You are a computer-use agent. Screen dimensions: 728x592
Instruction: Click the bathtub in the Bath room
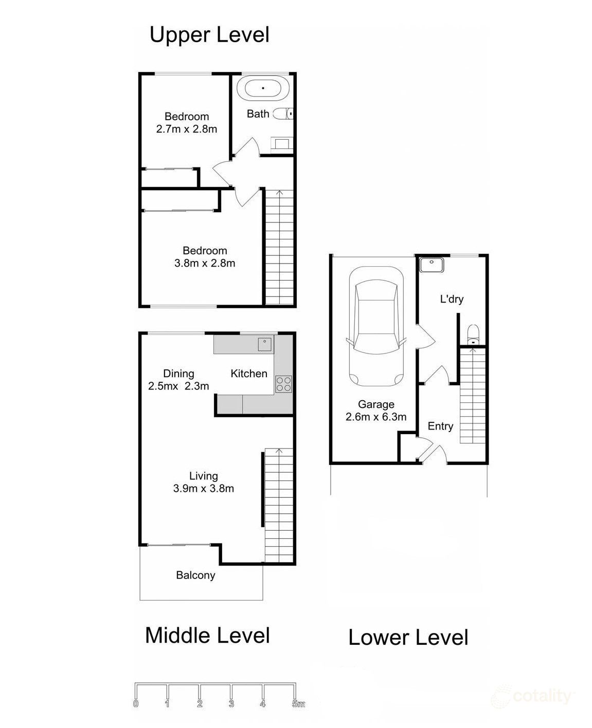click(263, 88)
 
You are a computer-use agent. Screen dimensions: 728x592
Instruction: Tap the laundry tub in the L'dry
click(432, 265)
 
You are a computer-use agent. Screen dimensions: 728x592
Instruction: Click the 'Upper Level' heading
click(209, 35)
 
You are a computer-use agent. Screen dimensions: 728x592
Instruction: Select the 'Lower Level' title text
click(408, 638)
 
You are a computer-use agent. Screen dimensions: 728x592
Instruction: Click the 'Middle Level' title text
click(207, 636)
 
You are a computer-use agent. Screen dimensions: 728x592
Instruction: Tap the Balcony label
click(195, 575)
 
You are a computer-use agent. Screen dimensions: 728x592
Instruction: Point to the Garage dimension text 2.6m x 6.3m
click(376, 417)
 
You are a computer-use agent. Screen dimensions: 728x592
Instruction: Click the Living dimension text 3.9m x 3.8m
click(204, 489)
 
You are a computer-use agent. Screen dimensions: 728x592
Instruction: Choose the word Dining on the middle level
click(178, 374)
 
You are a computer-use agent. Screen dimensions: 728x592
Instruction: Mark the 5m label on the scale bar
click(298, 704)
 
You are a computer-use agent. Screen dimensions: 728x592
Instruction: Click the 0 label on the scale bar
click(136, 704)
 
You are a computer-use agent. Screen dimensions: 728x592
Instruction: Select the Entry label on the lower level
click(440, 426)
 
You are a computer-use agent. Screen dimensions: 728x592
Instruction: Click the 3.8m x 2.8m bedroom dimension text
click(205, 264)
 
